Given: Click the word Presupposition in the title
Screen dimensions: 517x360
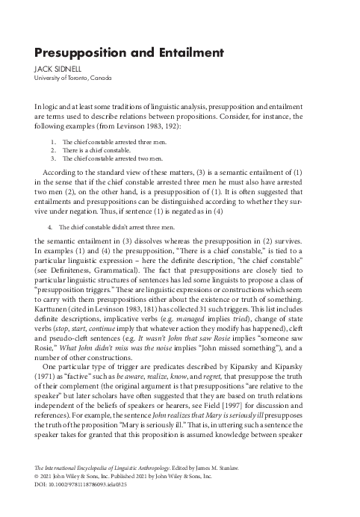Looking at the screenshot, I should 81,53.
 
